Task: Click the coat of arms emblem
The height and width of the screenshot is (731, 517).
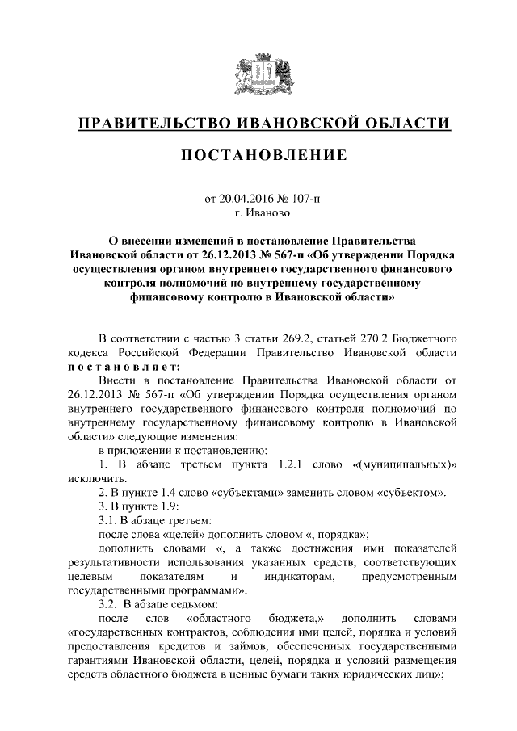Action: (x=258, y=74)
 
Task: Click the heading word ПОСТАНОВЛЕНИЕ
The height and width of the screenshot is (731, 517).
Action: (x=258, y=153)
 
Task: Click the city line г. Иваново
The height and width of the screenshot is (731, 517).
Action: (x=258, y=212)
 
